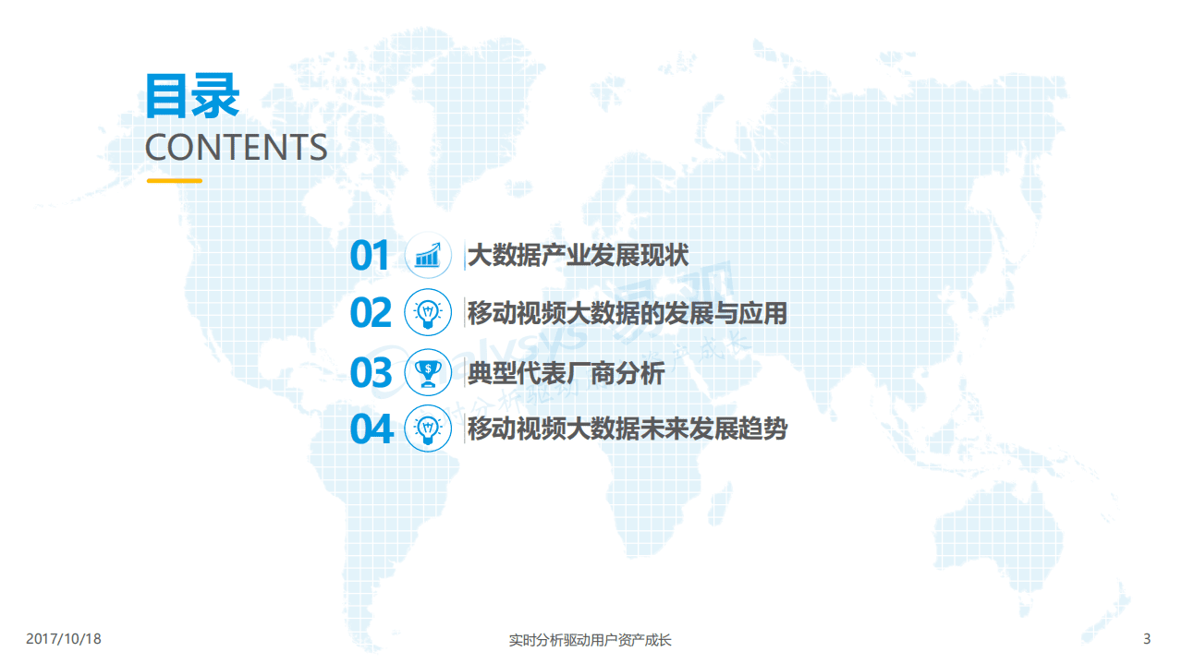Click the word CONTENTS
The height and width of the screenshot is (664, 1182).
(236, 148)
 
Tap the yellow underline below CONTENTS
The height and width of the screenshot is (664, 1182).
(174, 181)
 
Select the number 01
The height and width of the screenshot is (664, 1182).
(371, 256)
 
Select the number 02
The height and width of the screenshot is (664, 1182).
(371, 314)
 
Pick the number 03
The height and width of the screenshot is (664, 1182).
(371, 373)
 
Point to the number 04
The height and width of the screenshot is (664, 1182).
(371, 429)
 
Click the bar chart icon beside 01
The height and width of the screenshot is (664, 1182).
(428, 256)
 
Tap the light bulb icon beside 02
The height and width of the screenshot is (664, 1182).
(428, 313)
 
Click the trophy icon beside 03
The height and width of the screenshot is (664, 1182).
(428, 372)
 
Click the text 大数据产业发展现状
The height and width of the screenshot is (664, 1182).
(578, 256)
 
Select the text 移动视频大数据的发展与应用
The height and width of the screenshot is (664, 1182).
(627, 314)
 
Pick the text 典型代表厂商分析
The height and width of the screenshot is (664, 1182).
(566, 373)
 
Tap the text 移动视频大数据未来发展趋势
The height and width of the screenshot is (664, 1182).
(627, 429)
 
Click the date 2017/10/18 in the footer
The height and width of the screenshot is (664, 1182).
(63, 639)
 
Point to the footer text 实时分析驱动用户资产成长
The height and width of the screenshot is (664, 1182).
(591, 639)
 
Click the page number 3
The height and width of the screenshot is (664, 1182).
(1147, 639)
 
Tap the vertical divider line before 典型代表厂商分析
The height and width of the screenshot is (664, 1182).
(464, 373)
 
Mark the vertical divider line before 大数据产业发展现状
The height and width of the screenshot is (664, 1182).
(464, 256)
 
